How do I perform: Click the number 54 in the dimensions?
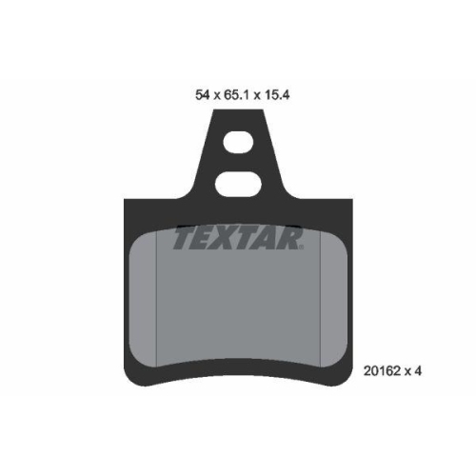pyautogui.click(x=203, y=95)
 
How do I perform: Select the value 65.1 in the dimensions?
pyautogui.click(x=236, y=95)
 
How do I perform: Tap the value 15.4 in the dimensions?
pyautogui.click(x=277, y=95)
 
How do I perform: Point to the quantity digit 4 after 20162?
pyautogui.click(x=418, y=370)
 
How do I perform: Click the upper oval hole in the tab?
pyautogui.click(x=238, y=142)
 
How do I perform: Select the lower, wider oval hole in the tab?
pyautogui.click(x=238, y=185)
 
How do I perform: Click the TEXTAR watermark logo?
pyautogui.click(x=238, y=237)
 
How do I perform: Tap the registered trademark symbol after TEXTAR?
pyautogui.click(x=301, y=247)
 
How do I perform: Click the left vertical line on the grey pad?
pyautogui.click(x=157, y=299)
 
